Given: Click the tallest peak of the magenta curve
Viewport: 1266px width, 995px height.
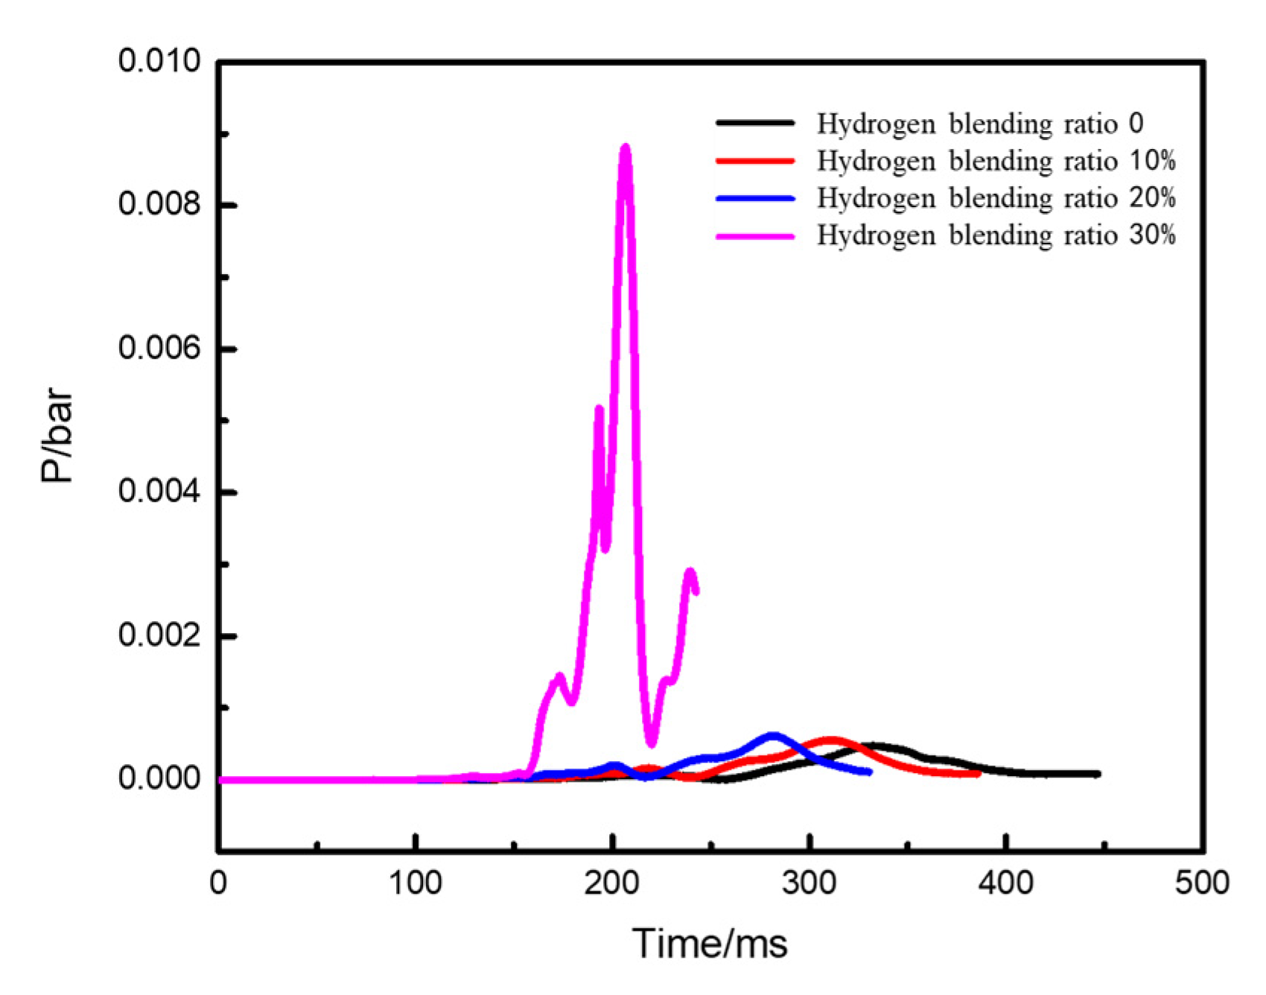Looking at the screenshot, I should pos(626,148).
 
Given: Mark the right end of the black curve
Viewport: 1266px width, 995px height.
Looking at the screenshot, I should pos(1098,774).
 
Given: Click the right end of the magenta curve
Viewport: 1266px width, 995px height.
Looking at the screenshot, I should pos(696,591).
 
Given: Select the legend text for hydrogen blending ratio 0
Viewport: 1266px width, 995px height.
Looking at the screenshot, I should pos(979,124).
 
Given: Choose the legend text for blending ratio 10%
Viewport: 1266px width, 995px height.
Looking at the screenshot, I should pos(996,161).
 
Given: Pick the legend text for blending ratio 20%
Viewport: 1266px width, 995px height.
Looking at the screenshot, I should pos(996,198).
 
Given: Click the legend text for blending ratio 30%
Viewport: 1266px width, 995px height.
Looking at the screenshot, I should pos(996,235).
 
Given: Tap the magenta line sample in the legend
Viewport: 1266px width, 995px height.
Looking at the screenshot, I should pos(755,236).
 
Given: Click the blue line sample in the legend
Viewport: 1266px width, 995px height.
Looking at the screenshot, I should pos(755,199).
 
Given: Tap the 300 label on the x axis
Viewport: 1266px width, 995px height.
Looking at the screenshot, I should pos(809,883).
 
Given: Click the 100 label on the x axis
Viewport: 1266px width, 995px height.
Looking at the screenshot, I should pos(416,883).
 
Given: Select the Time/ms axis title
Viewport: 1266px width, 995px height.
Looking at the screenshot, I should pos(710,944).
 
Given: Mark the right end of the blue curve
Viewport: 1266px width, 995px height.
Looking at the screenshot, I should pos(869,772).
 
